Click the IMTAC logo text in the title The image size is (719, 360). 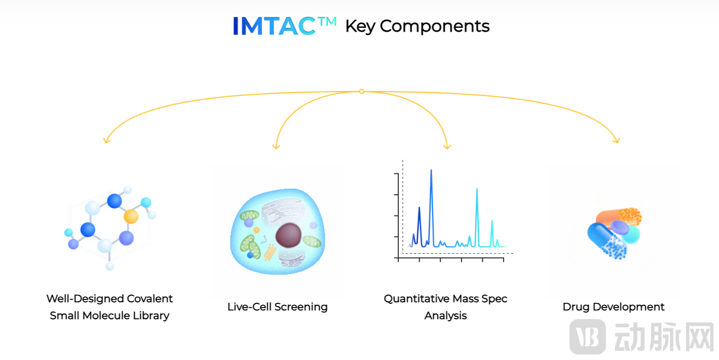[x=284, y=26]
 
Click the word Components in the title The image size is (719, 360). [x=435, y=26]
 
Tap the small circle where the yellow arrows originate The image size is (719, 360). [x=362, y=92]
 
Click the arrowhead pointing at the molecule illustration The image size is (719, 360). [x=106, y=140]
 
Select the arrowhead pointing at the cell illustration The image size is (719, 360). [x=276, y=146]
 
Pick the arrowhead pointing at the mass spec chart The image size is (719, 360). [x=447, y=146]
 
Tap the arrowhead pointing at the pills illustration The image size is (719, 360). [x=616, y=140]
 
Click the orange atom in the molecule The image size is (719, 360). [x=131, y=216]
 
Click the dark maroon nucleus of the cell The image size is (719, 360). [x=288, y=235]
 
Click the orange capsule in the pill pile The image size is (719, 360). [x=619, y=217]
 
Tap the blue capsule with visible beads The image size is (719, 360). [x=607, y=241]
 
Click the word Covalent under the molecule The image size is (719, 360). [x=150, y=299]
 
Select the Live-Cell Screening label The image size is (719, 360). [x=278, y=307]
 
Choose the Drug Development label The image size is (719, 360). [x=614, y=307]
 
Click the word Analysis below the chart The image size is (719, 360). [x=446, y=316]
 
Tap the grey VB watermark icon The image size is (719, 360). [x=588, y=337]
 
